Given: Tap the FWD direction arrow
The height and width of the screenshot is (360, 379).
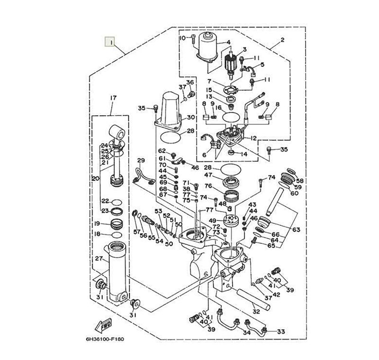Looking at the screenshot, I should pyautogui.click(x=103, y=325).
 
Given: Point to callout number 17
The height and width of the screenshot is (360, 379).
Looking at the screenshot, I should pyautogui.click(x=113, y=98).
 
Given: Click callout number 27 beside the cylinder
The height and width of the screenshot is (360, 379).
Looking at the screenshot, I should pyautogui.click(x=98, y=258).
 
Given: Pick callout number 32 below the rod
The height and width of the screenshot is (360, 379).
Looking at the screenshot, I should pyautogui.click(x=256, y=312).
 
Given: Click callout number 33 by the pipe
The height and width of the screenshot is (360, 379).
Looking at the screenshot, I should pyautogui.click(x=280, y=331).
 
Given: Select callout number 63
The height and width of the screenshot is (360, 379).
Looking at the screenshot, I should pyautogui.click(x=296, y=230).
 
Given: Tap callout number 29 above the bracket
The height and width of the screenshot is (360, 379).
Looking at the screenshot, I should pyautogui.click(x=141, y=160).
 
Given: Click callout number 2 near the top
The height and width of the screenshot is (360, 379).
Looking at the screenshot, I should pyautogui.click(x=282, y=40).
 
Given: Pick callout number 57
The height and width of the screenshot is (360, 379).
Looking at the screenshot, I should pyautogui.click(x=137, y=232).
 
